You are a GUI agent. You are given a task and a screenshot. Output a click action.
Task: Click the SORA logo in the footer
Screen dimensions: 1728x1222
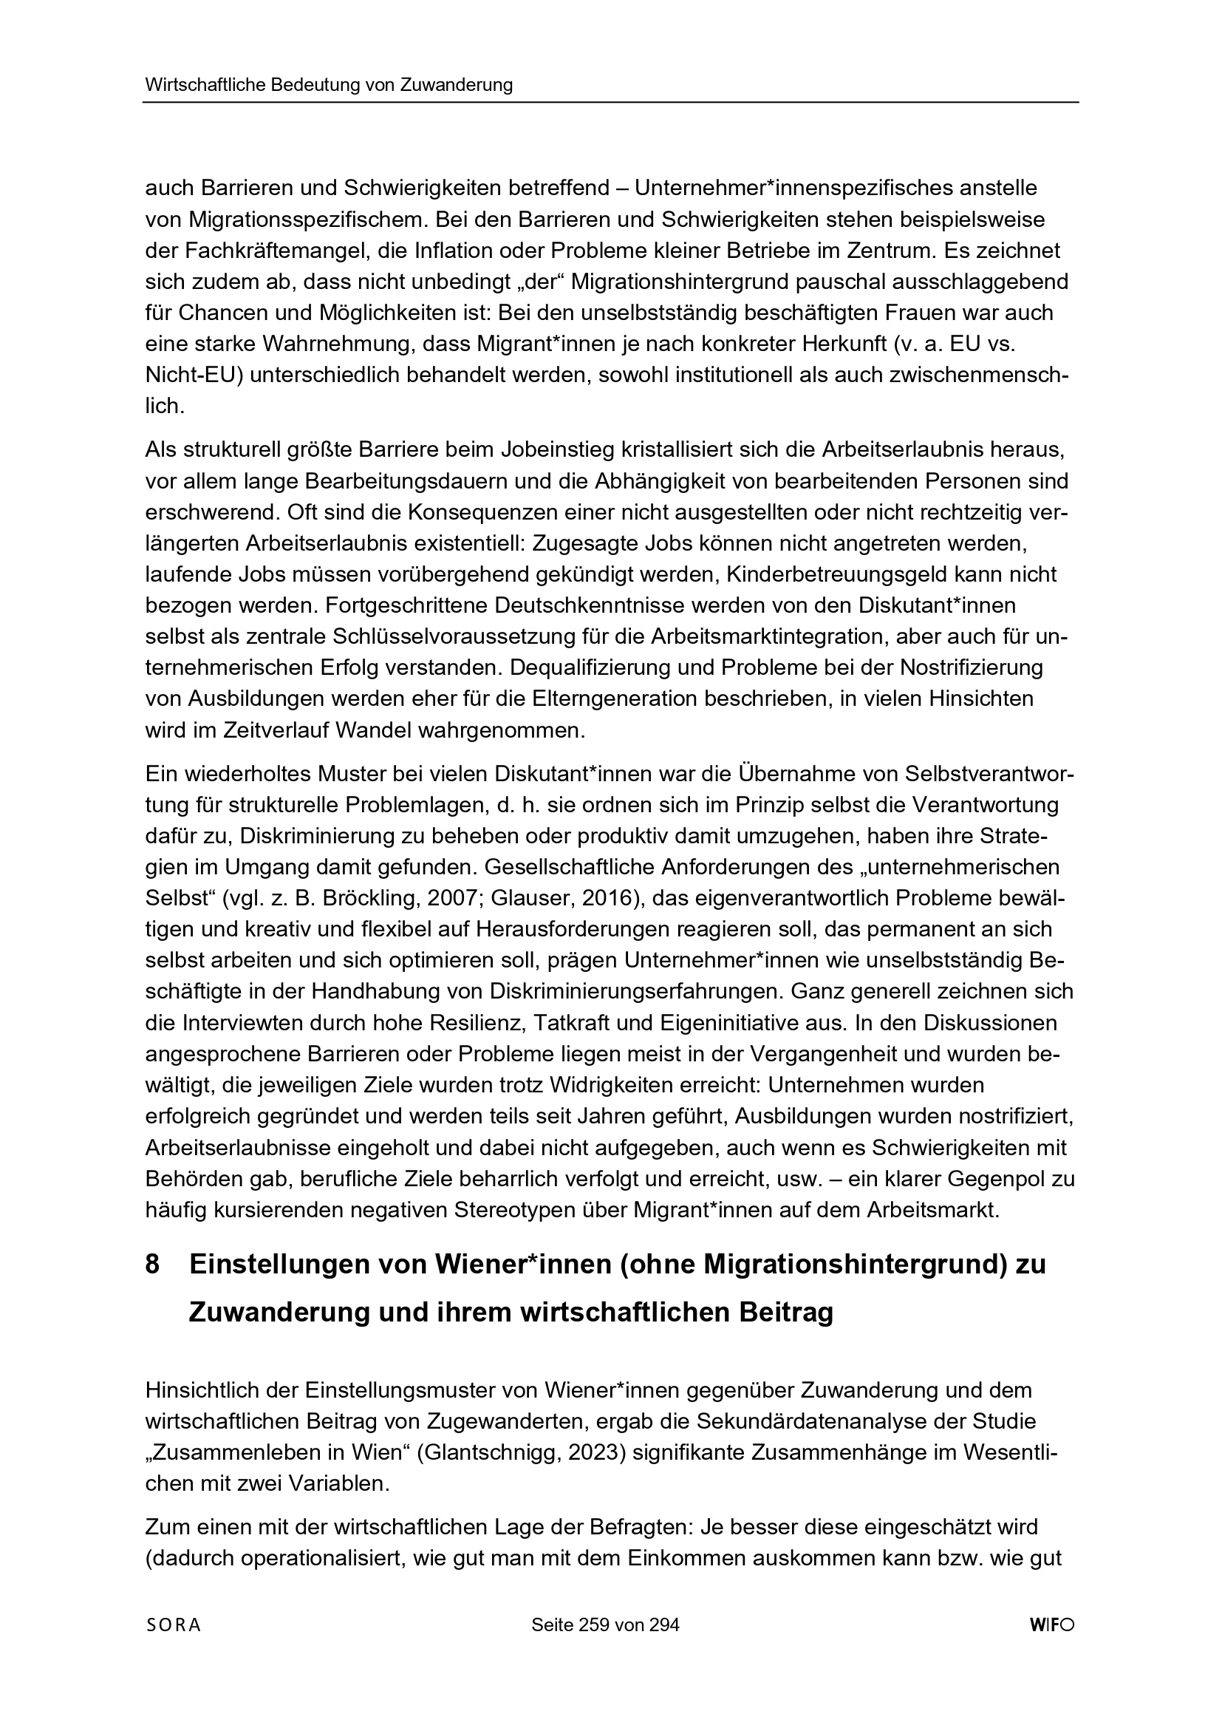tap(173, 1625)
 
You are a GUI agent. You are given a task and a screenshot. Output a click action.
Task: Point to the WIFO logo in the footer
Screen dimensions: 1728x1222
tap(1052, 1625)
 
